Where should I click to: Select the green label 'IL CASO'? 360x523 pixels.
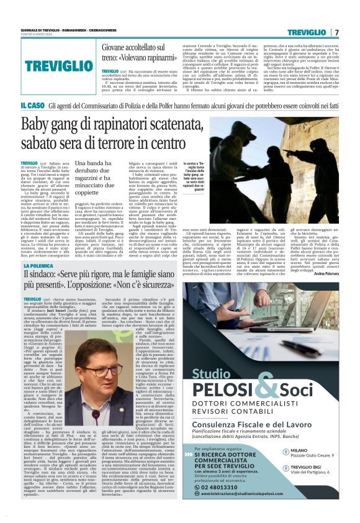pos(32,106)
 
